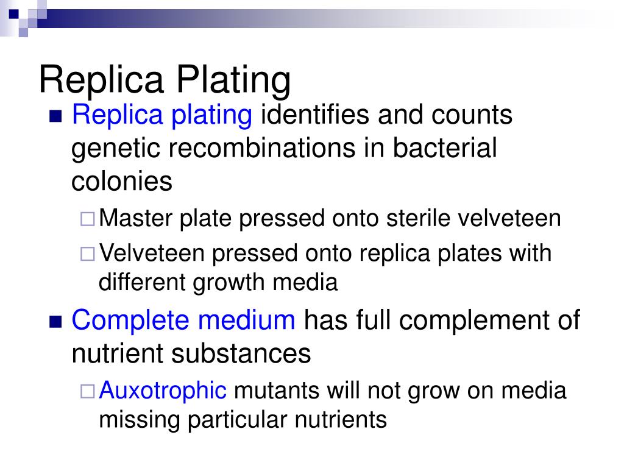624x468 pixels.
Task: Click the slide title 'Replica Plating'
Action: tap(165, 80)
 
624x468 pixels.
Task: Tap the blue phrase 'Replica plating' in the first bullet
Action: tap(161, 115)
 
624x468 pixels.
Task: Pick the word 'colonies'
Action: tap(122, 181)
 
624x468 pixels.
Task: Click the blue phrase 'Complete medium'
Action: tap(183, 320)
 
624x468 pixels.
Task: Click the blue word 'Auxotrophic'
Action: tap(163, 390)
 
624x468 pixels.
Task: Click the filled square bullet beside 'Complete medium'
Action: tap(55, 321)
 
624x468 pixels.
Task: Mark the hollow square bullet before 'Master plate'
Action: tap(87, 219)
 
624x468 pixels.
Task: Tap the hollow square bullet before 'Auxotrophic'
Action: tap(87, 391)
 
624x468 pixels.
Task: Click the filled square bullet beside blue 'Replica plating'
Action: tap(55, 116)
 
